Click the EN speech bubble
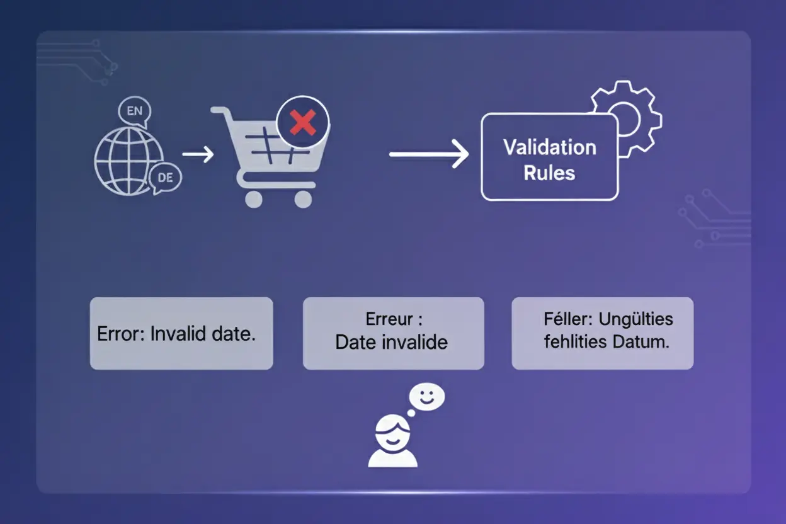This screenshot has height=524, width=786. click(135, 112)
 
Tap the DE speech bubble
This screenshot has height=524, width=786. click(165, 178)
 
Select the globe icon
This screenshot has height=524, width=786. click(128, 161)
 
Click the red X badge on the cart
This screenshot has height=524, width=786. click(302, 122)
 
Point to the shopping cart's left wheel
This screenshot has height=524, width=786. click(254, 199)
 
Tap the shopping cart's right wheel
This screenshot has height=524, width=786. click(303, 199)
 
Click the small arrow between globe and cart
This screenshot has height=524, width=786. click(198, 154)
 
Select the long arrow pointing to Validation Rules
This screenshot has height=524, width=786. click(429, 154)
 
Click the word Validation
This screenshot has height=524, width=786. click(550, 147)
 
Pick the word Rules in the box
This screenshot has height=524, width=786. click(549, 173)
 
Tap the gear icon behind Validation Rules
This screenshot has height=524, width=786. click(627, 119)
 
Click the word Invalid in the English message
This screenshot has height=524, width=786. click(178, 334)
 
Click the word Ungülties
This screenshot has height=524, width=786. click(636, 319)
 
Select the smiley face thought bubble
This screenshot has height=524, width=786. click(426, 397)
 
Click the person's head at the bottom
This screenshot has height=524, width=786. click(392, 434)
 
